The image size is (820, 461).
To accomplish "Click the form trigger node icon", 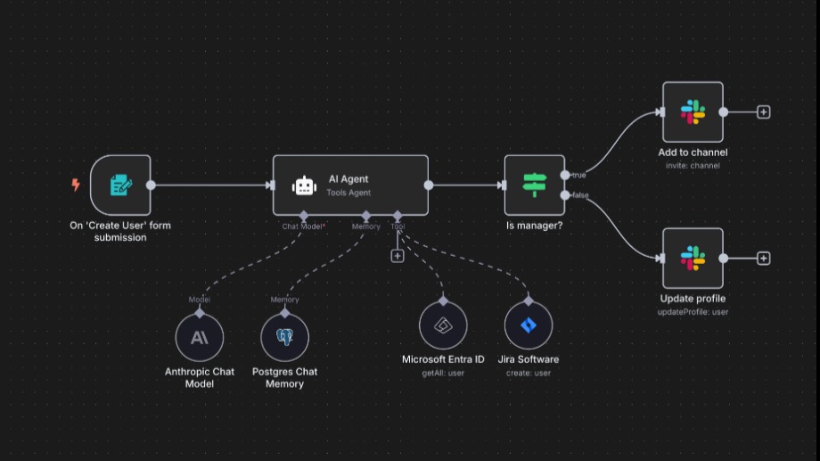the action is [x=121, y=185].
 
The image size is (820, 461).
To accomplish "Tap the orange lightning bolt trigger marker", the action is [x=76, y=185].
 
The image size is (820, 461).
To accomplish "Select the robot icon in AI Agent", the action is [x=304, y=185].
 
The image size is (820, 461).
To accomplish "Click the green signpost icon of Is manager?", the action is [x=535, y=185].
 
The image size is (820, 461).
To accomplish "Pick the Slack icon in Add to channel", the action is [x=693, y=112].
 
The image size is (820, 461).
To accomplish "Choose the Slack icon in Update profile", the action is [x=693, y=258].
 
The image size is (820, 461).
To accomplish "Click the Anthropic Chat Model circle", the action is [x=200, y=338].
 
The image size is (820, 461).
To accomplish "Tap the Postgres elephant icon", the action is [x=285, y=337].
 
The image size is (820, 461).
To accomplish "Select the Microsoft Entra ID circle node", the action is [x=443, y=325].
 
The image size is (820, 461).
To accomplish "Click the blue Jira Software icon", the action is [x=529, y=325].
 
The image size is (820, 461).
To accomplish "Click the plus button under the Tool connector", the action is [x=398, y=256].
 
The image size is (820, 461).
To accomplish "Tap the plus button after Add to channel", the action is [x=764, y=112].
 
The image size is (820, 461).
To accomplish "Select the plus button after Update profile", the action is [x=764, y=258].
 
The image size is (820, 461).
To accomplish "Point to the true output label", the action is [x=579, y=176].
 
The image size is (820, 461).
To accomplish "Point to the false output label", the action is [x=580, y=195].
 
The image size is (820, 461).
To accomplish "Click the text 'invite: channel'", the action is [x=693, y=165].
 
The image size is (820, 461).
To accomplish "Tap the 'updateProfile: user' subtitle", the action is [x=693, y=312].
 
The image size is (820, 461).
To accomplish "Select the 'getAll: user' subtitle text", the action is [x=443, y=373].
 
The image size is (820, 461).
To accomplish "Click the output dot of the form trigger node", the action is [x=151, y=185].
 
